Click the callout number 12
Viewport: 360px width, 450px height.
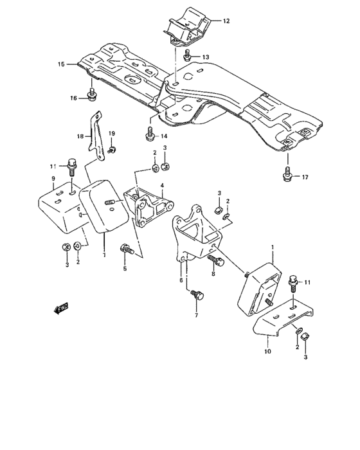226,21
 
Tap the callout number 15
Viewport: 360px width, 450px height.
61,64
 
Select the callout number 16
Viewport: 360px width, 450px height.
73,98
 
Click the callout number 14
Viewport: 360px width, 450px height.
163,136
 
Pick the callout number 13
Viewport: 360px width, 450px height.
206,58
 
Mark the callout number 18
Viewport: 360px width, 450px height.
80,136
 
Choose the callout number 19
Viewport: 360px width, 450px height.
112,133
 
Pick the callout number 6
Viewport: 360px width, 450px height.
182,282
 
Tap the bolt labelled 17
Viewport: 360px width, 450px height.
287,174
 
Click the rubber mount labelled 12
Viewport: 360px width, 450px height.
186,26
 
